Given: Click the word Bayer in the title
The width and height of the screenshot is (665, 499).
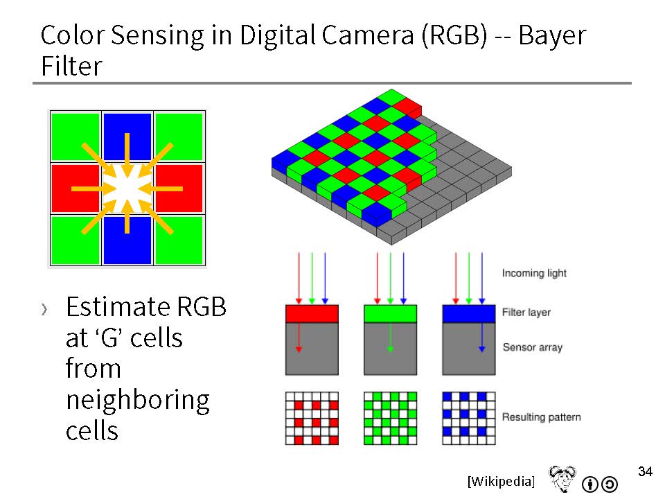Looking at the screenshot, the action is [552, 35].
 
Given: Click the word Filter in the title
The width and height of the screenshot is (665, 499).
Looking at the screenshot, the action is [71, 67].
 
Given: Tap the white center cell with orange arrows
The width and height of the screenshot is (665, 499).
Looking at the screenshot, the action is [127, 189].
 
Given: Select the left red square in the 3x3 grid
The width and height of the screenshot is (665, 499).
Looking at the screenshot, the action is [76, 189].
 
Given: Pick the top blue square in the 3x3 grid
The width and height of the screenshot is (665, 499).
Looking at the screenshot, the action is [127, 137].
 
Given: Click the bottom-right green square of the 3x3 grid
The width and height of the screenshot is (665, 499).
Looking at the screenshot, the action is [179, 240].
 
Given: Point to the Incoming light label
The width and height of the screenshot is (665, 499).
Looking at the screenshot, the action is [534, 273].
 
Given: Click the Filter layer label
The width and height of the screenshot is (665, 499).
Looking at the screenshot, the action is [526, 313].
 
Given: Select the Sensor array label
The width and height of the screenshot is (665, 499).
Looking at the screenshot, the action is [533, 347].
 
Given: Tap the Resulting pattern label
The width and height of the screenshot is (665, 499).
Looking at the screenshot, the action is [542, 417].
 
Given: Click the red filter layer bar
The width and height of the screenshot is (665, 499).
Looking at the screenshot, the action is [312, 313].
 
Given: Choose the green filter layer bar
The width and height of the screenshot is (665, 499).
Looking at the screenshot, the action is [391, 313].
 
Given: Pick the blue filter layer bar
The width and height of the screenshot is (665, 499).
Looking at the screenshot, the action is [469, 313].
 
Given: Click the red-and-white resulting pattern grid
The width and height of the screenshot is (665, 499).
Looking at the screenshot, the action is [312, 419].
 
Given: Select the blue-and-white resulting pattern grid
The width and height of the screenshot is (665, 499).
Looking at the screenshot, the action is [469, 419].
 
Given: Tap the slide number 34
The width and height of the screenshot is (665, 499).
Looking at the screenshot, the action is [645, 471].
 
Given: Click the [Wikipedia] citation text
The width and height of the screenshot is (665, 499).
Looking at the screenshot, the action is [502, 481].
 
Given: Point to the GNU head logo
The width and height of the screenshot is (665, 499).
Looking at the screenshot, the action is [562, 478].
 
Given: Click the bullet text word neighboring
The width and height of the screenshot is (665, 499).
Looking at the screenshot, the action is [138, 401].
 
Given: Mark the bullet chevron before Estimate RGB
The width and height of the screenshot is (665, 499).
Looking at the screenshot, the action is [44, 309].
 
